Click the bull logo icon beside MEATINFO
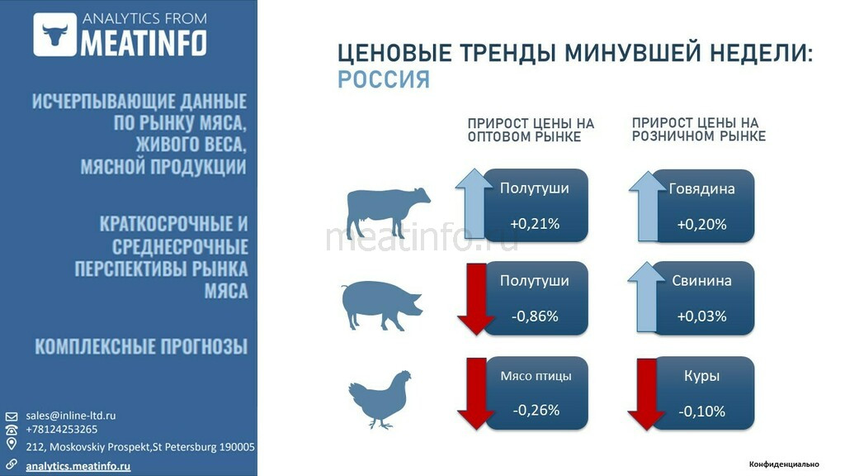tap(55, 35)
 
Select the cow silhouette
tap(388, 212)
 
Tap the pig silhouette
tap(381, 305)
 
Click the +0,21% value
tap(535, 223)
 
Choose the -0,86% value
tap(535, 316)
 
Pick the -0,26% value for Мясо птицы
tap(536, 410)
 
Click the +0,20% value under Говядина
tap(701, 224)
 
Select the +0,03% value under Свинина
tap(701, 316)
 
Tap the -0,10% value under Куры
tap(701, 412)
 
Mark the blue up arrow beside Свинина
tap(646, 297)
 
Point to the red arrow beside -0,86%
tap(476, 299)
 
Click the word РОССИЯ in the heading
tap(384, 79)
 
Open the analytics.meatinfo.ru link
tap(78, 466)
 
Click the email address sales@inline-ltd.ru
tap(71, 416)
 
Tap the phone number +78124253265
tap(61, 430)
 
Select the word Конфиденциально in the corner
tap(784, 464)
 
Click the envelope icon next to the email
tap(12, 416)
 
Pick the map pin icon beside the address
tap(12, 444)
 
